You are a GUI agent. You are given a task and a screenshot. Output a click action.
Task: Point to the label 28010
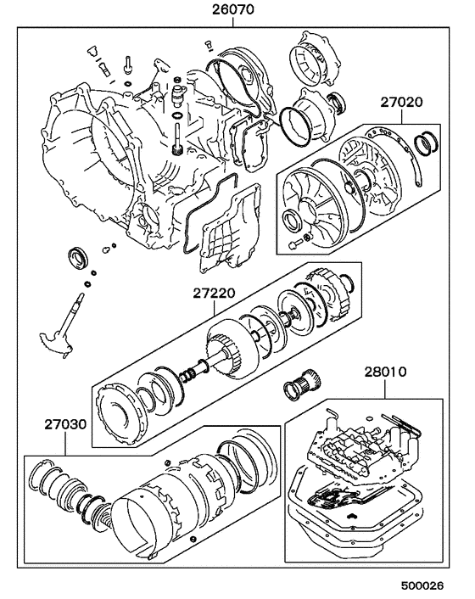387,372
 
